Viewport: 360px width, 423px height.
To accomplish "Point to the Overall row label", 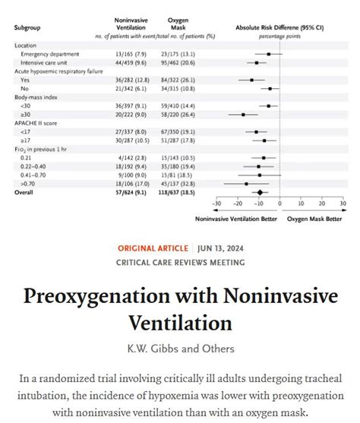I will [x=25, y=192].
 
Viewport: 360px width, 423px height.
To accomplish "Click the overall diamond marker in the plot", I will [x=260, y=192].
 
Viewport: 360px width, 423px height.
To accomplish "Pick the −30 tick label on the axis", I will [x=216, y=204].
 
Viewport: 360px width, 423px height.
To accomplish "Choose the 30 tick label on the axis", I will [x=343, y=204].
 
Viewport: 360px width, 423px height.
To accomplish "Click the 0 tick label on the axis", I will [x=279, y=204].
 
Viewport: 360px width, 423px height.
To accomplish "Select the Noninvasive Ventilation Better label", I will [x=234, y=219].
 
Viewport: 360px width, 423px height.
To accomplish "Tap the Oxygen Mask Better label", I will [x=314, y=219].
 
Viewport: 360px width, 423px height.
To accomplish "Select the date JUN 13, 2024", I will [x=218, y=248].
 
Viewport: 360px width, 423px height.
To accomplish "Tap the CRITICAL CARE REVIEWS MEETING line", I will [x=180, y=263].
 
